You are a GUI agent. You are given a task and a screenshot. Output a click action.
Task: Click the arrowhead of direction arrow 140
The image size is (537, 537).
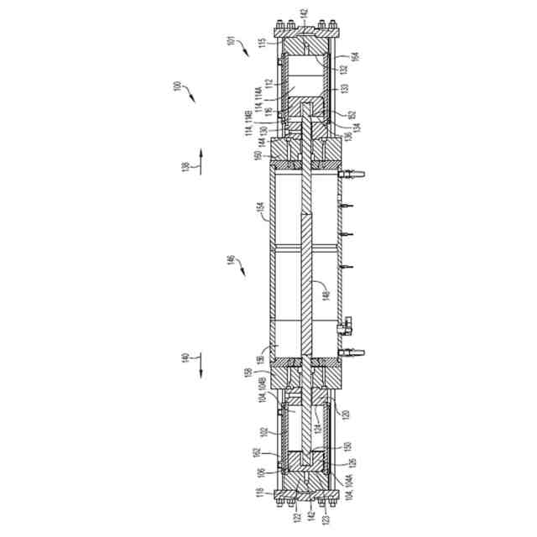(x=202, y=369)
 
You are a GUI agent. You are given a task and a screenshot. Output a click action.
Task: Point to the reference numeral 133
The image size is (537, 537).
(x=344, y=86)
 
